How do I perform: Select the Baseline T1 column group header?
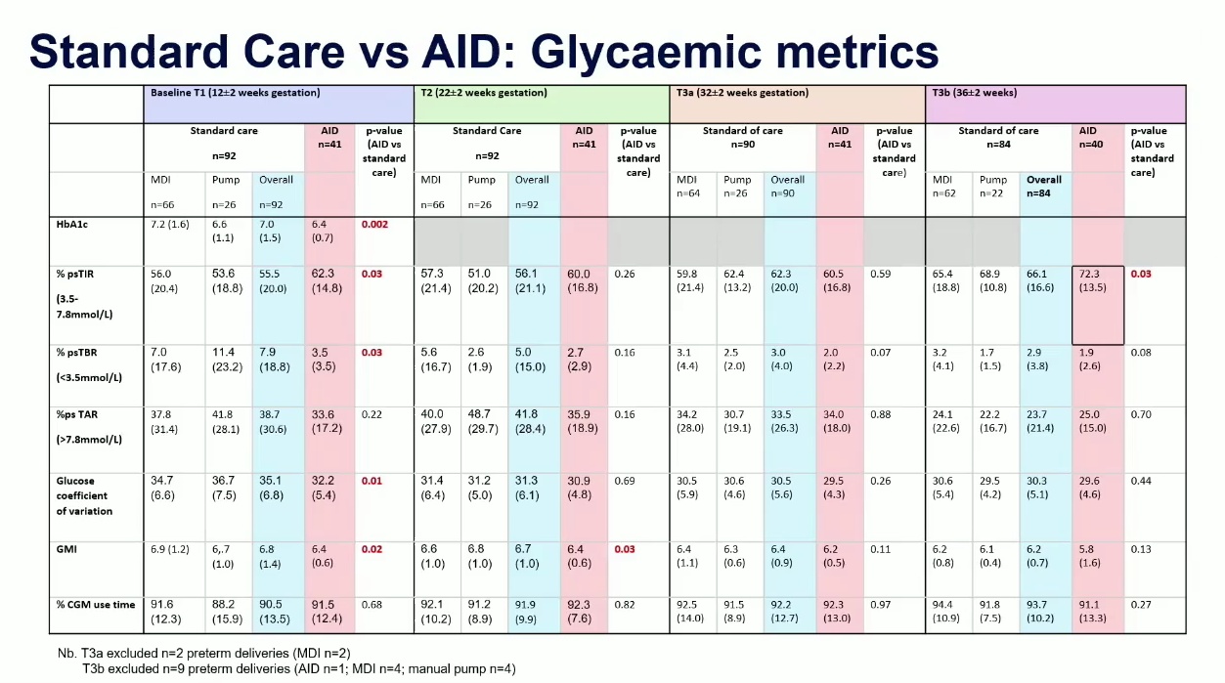point(235,93)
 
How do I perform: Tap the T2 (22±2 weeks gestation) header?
point(484,93)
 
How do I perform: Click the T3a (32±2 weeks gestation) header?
point(742,93)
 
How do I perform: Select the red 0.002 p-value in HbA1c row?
point(375,225)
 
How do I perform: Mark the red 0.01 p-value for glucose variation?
point(372,481)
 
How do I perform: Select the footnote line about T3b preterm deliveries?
point(299,669)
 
